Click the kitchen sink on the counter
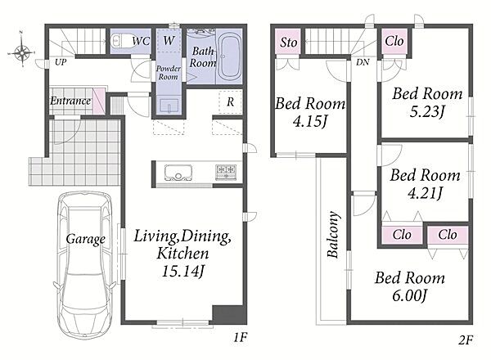coord(178,172)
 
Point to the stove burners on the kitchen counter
coord(226,172)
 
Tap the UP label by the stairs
coord(61,62)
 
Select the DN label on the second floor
coord(363,62)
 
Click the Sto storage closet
coord(288,42)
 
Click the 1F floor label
coord(241,337)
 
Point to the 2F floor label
coord(466,340)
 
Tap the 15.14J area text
coord(183,271)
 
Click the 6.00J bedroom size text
coord(410,295)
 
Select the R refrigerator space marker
coord(231,101)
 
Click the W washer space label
coord(169,40)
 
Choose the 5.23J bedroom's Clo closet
coord(394,42)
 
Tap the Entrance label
coord(70,101)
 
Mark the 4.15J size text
coord(309,121)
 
